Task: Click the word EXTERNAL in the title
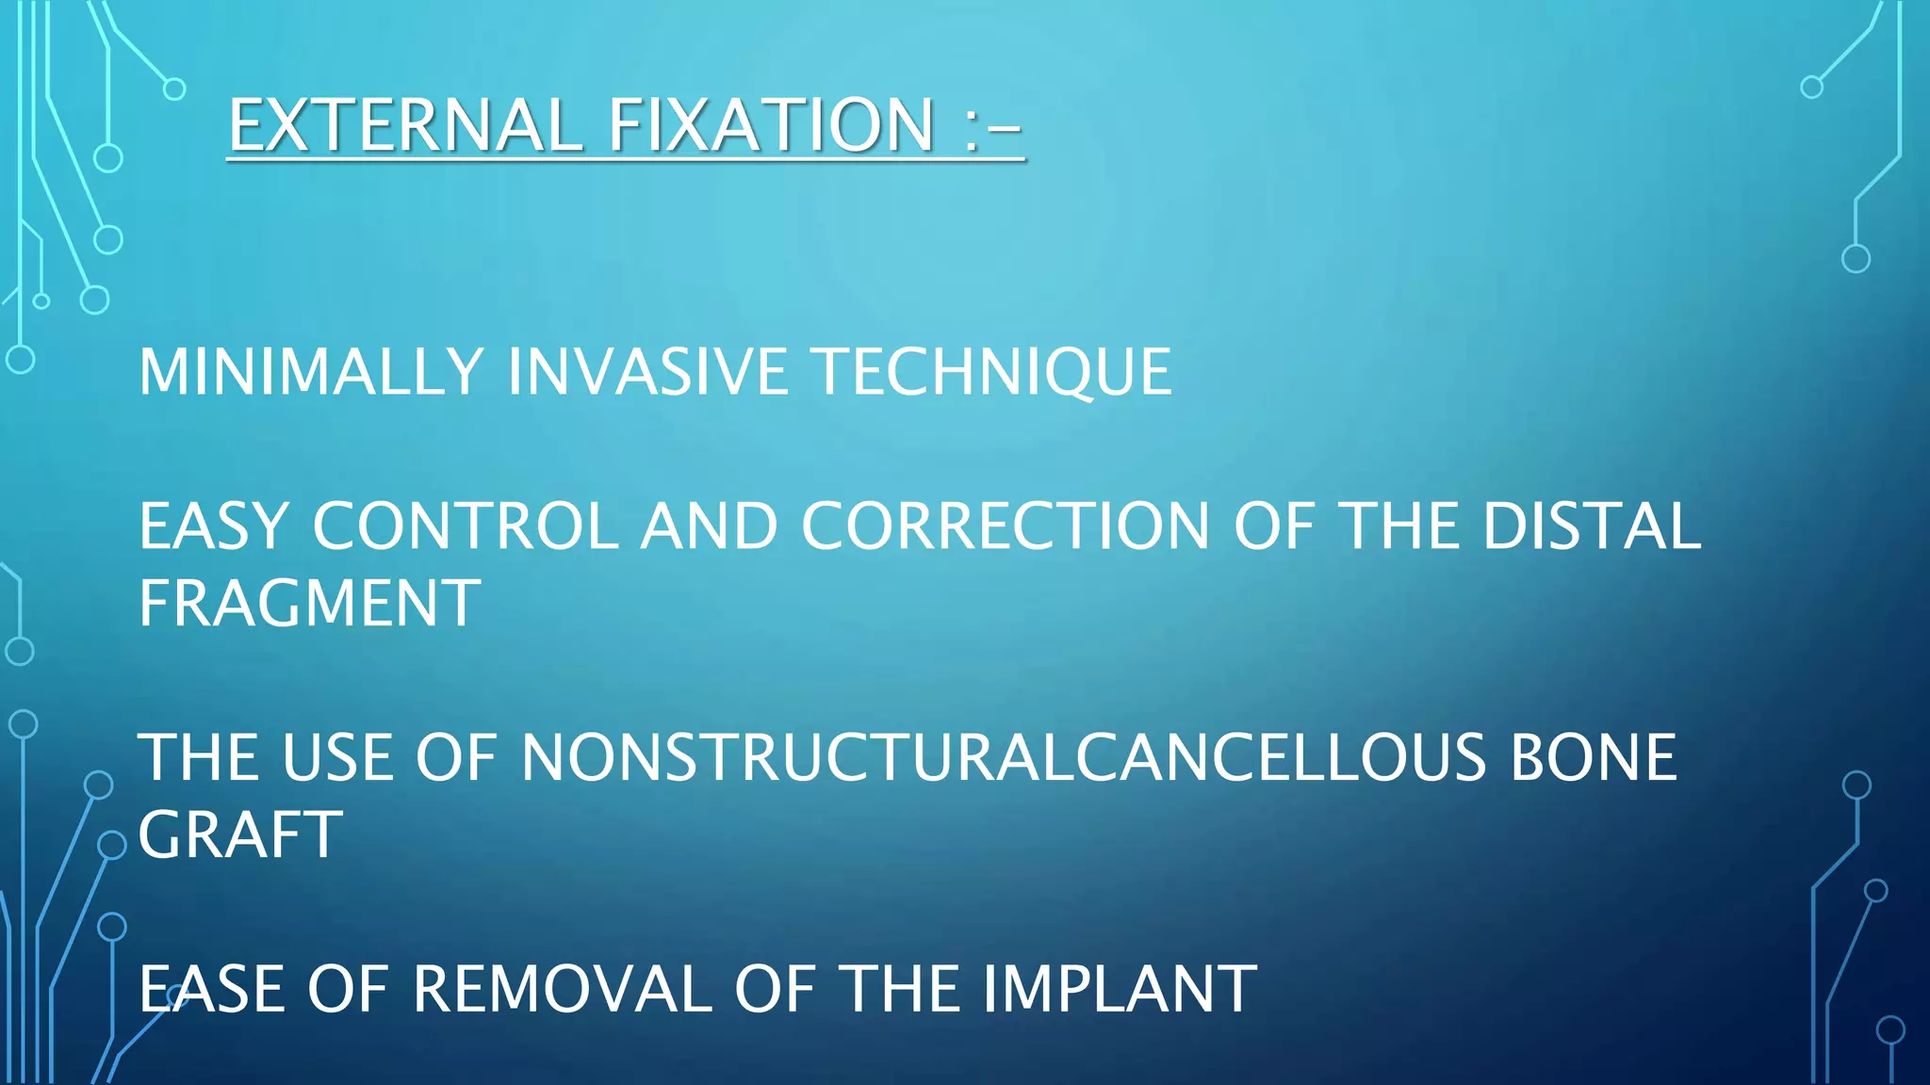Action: (406, 125)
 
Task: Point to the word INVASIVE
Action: (647, 372)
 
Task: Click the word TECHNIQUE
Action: (992, 372)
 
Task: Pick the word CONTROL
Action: (466, 526)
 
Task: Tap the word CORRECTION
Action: (1005, 526)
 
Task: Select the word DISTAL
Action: (1592, 526)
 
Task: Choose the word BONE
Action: (1594, 757)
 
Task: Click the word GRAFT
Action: (240, 835)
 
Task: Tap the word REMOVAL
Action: (563, 989)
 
